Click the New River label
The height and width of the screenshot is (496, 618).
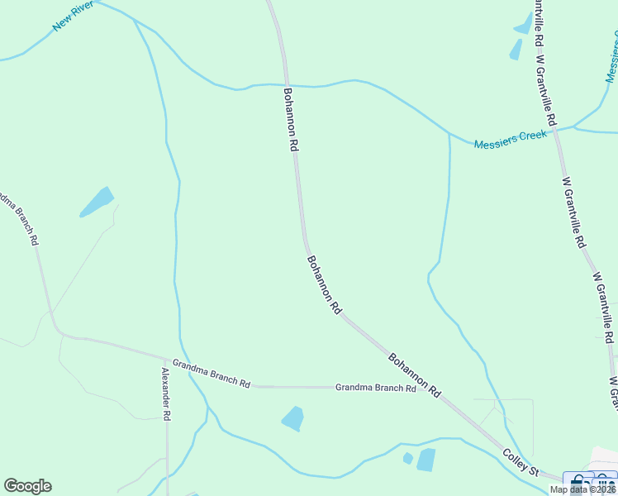coord(73,17)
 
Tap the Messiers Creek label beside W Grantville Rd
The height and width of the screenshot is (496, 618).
coord(510,139)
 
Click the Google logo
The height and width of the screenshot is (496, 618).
coord(27,486)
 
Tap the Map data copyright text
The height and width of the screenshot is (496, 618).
coord(582,489)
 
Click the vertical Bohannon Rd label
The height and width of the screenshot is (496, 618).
coord(290,119)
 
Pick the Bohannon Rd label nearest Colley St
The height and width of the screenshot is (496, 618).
coord(414,374)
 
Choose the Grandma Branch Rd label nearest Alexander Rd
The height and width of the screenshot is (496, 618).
coord(211,373)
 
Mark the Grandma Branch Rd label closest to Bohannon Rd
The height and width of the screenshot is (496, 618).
coord(375,388)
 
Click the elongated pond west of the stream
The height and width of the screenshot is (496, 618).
coord(97,202)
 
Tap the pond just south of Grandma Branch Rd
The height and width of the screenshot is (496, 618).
coord(292,418)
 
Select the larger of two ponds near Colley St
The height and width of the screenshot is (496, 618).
coord(426,460)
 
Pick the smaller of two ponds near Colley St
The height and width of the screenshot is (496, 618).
coord(407,458)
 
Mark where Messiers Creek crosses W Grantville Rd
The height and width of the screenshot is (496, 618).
coord(555,128)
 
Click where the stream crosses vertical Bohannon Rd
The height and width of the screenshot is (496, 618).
coord(287,84)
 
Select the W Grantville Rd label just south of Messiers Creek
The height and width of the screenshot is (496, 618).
coord(573,212)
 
